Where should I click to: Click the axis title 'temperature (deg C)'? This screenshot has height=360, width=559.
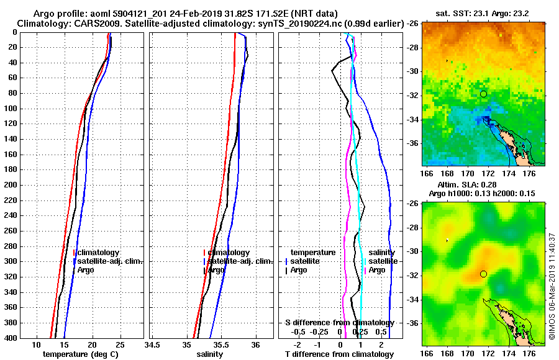80,354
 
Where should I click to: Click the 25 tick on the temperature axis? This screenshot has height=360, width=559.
120,345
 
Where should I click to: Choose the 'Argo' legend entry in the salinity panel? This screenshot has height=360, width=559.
216,270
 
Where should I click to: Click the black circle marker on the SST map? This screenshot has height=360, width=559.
483,94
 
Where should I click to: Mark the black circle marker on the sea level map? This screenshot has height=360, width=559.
483,274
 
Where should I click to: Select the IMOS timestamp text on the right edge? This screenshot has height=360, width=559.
552,286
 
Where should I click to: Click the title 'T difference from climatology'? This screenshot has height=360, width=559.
339,354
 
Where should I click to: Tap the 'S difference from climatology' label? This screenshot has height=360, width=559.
339,323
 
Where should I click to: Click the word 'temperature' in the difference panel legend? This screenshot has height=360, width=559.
313,253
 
